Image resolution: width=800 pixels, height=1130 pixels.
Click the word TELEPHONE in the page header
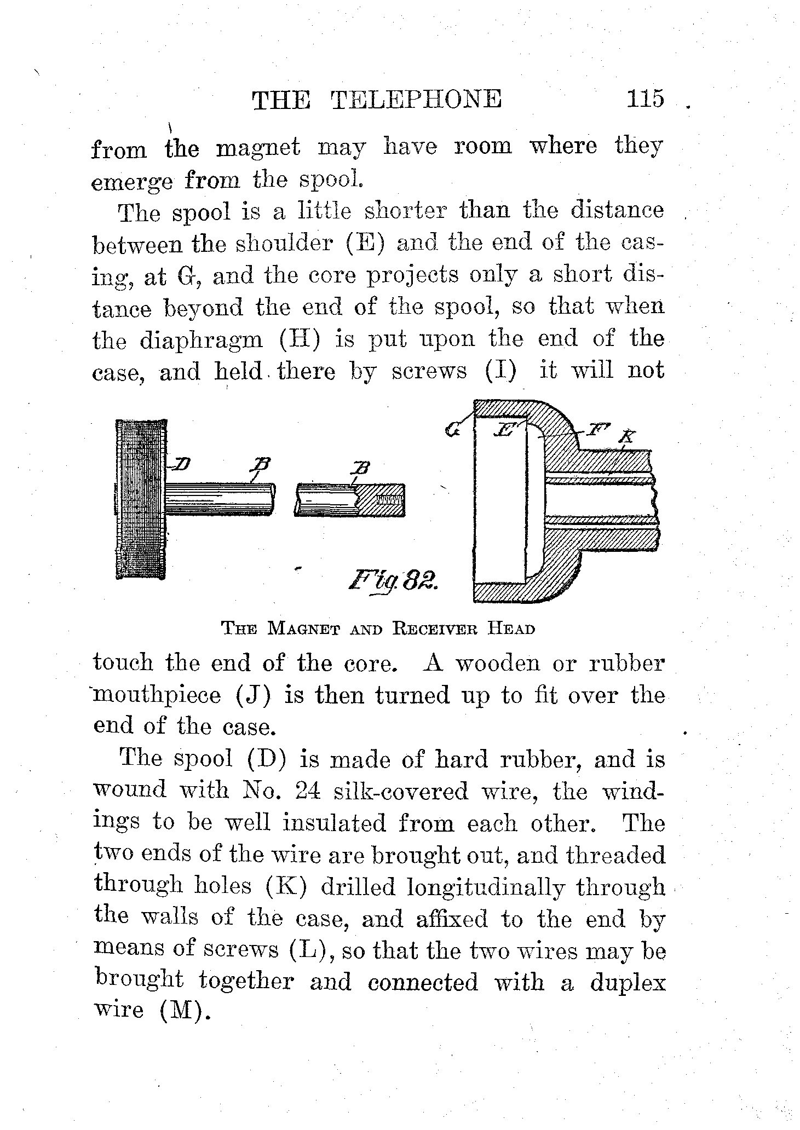click(416, 100)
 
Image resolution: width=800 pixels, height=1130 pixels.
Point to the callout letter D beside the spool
click(181, 465)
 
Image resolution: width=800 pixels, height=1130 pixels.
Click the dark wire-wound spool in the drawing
click(141, 499)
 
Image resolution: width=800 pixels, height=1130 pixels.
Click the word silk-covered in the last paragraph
click(394, 791)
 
